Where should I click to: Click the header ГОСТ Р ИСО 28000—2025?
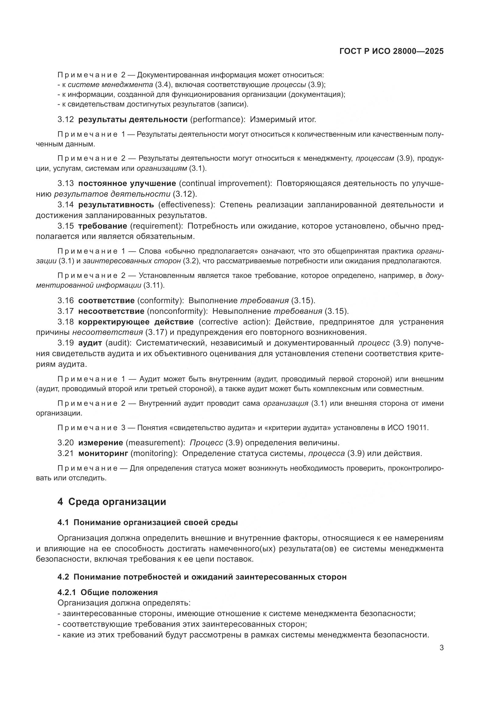[x=392, y=51]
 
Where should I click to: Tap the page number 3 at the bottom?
[x=441, y=648]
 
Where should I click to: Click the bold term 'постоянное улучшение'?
[x=127, y=183]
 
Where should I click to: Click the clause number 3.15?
[x=66, y=226]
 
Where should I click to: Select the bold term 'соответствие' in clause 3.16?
[x=106, y=300]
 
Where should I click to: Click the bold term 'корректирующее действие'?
[x=136, y=321]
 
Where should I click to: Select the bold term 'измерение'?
[x=101, y=443]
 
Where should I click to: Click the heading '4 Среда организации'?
[x=112, y=501]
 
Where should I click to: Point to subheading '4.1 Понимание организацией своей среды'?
[x=147, y=523]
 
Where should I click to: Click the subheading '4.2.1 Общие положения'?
[x=107, y=592]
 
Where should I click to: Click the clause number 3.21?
[x=66, y=453]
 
